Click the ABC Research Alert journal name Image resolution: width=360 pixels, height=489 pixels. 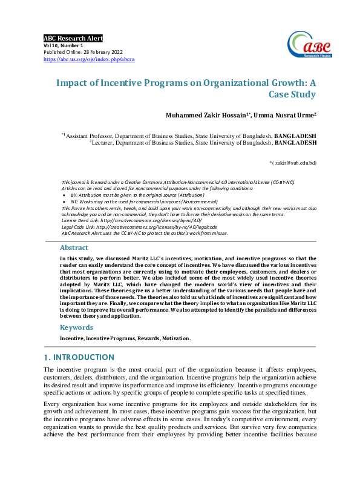coord(73,38)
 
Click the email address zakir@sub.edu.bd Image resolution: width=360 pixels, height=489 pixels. coord(295,163)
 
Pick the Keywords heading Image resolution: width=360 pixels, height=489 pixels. coord(76,327)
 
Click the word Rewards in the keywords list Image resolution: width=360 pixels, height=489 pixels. coord(139,338)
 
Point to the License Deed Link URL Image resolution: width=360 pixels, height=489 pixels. coord(142,222)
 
